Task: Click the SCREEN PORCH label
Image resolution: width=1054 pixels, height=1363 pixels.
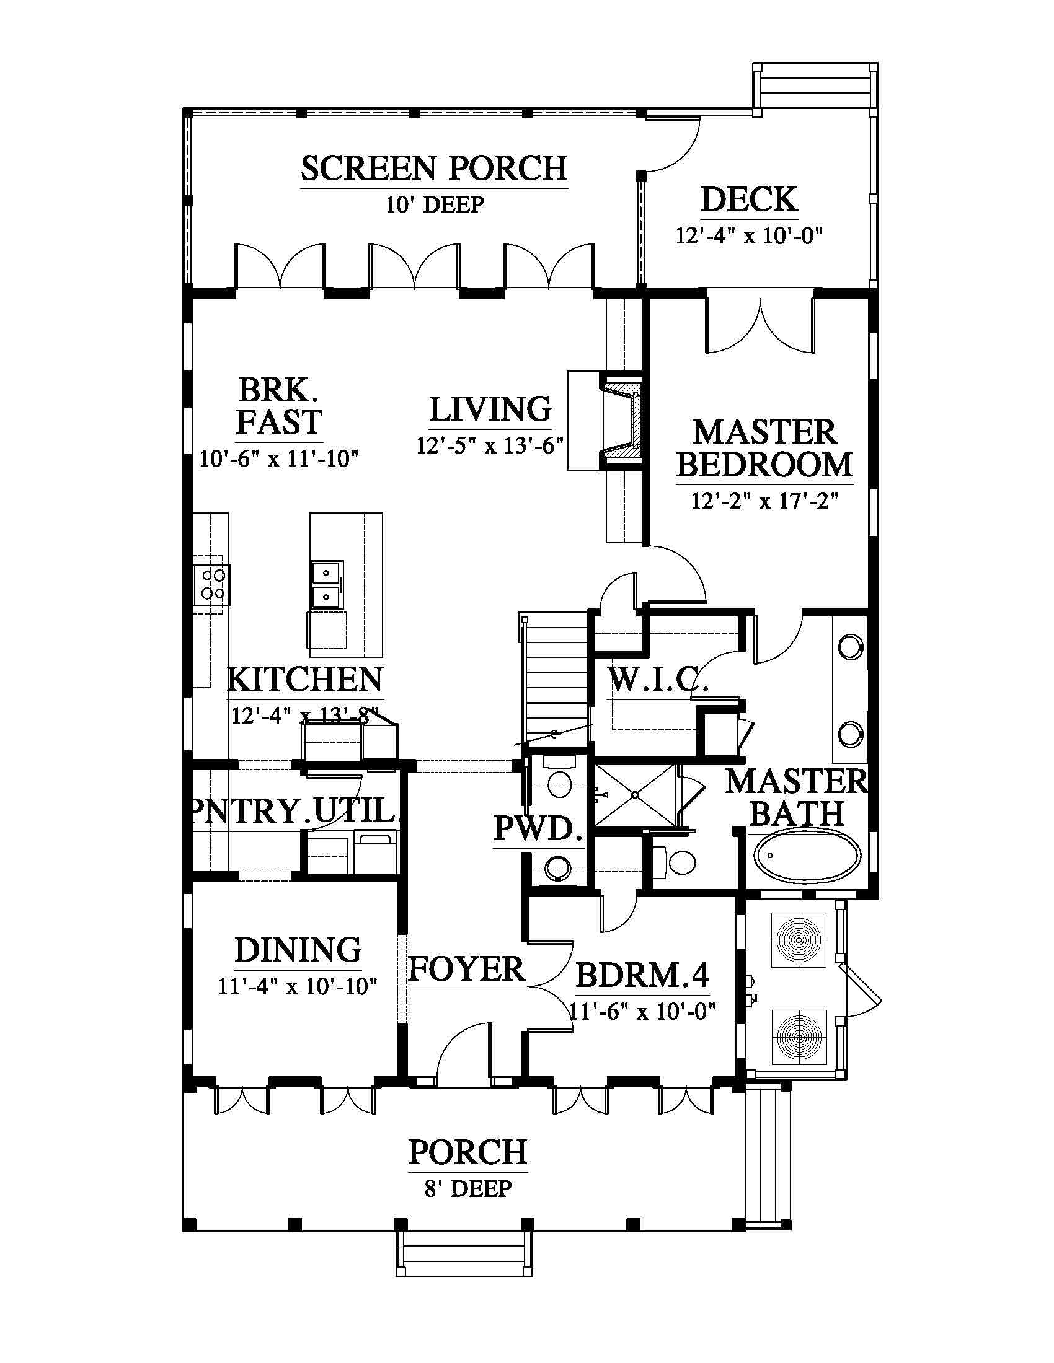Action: (x=435, y=169)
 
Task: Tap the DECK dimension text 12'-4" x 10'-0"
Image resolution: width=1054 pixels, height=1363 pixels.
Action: (x=750, y=236)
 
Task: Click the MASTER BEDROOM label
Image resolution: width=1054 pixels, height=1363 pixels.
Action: (x=765, y=449)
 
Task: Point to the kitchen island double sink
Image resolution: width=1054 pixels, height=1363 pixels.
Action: (x=327, y=584)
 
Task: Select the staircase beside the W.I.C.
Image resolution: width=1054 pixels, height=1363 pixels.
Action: (x=554, y=680)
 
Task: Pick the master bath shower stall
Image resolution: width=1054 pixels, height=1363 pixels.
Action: (x=635, y=794)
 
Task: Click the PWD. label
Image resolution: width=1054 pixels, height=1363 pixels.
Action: (x=538, y=829)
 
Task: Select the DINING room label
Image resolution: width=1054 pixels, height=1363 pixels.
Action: (x=298, y=950)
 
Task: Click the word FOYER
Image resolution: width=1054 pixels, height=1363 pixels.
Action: (x=466, y=969)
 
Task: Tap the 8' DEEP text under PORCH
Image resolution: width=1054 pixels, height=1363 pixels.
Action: (x=467, y=1189)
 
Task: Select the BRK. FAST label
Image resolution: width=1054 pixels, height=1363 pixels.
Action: (x=278, y=406)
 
